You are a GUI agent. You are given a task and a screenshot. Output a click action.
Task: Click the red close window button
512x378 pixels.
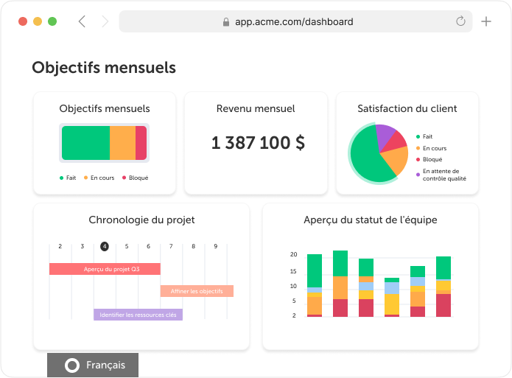click(23, 21)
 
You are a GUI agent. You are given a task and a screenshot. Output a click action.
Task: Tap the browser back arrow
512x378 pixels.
click(82, 21)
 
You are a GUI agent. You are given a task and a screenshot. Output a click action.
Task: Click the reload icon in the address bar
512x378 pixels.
click(461, 21)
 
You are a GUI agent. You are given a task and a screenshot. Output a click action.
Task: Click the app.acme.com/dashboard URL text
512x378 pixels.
click(293, 21)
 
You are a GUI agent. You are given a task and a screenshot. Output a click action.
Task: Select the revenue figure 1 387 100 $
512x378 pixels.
click(258, 143)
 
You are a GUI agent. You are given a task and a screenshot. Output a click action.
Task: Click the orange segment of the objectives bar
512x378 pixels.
click(122, 142)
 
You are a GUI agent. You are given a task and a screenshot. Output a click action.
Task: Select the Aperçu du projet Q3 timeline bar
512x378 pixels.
click(105, 269)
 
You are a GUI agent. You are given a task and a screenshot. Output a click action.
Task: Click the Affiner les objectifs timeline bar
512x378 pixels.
click(197, 291)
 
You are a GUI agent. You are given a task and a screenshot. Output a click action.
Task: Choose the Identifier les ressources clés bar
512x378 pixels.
click(138, 315)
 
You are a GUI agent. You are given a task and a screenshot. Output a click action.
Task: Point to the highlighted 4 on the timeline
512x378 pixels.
click(105, 246)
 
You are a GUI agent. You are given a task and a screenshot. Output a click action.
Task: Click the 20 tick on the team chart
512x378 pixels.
click(293, 254)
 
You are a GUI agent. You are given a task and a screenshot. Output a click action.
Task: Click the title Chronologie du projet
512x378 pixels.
click(141, 220)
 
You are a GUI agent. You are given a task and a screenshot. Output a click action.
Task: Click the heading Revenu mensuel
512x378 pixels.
click(256, 108)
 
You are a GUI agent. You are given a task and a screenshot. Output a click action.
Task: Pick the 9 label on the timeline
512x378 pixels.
click(216, 246)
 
